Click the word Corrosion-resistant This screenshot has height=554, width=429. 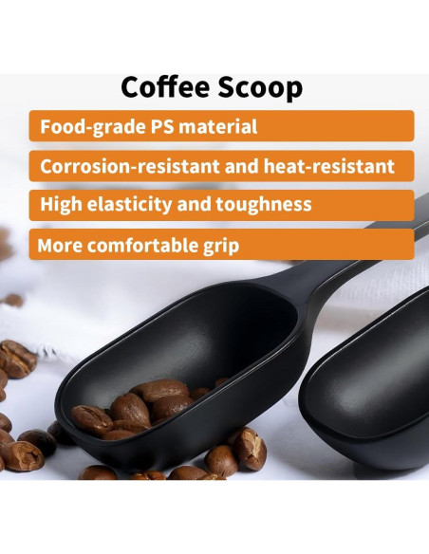(133, 166)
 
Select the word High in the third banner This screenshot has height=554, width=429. (62, 205)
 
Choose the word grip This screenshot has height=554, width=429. (220, 245)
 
